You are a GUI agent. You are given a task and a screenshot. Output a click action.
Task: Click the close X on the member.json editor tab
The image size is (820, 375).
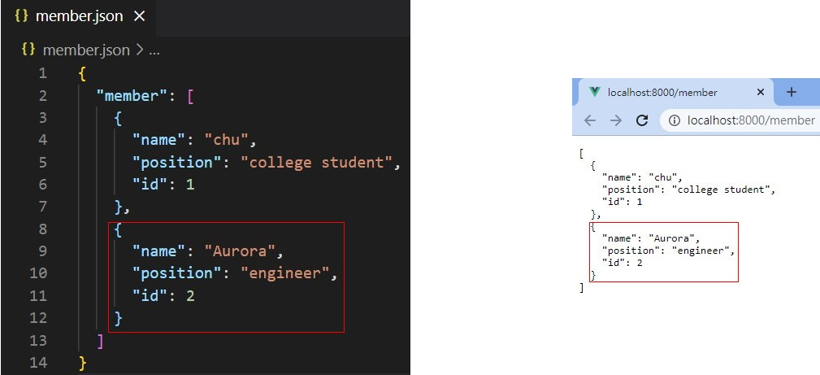140,16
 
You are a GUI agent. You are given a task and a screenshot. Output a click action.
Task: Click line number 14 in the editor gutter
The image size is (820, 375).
39,362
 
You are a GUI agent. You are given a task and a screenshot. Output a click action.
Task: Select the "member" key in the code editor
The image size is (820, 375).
128,95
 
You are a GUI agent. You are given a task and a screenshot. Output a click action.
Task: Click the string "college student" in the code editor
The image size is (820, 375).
320,162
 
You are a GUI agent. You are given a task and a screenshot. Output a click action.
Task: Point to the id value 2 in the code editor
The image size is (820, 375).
190,295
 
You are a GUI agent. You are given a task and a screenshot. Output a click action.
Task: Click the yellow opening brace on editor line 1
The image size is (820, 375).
82,73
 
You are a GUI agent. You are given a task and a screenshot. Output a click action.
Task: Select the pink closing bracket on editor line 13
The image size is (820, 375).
100,340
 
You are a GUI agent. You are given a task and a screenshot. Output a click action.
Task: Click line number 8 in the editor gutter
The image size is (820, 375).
42,229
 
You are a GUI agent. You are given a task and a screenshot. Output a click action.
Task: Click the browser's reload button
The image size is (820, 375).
642,120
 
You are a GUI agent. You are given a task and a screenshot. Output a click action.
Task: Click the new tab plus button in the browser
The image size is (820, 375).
791,92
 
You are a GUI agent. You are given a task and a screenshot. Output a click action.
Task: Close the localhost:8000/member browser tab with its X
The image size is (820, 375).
761,92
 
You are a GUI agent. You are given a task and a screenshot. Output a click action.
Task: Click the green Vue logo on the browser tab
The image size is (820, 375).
594,92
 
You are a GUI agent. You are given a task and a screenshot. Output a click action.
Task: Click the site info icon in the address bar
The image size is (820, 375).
674,120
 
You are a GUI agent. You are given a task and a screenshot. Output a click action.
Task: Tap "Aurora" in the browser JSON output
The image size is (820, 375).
672,238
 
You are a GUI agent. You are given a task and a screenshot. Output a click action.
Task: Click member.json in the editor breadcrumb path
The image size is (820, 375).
86,50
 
